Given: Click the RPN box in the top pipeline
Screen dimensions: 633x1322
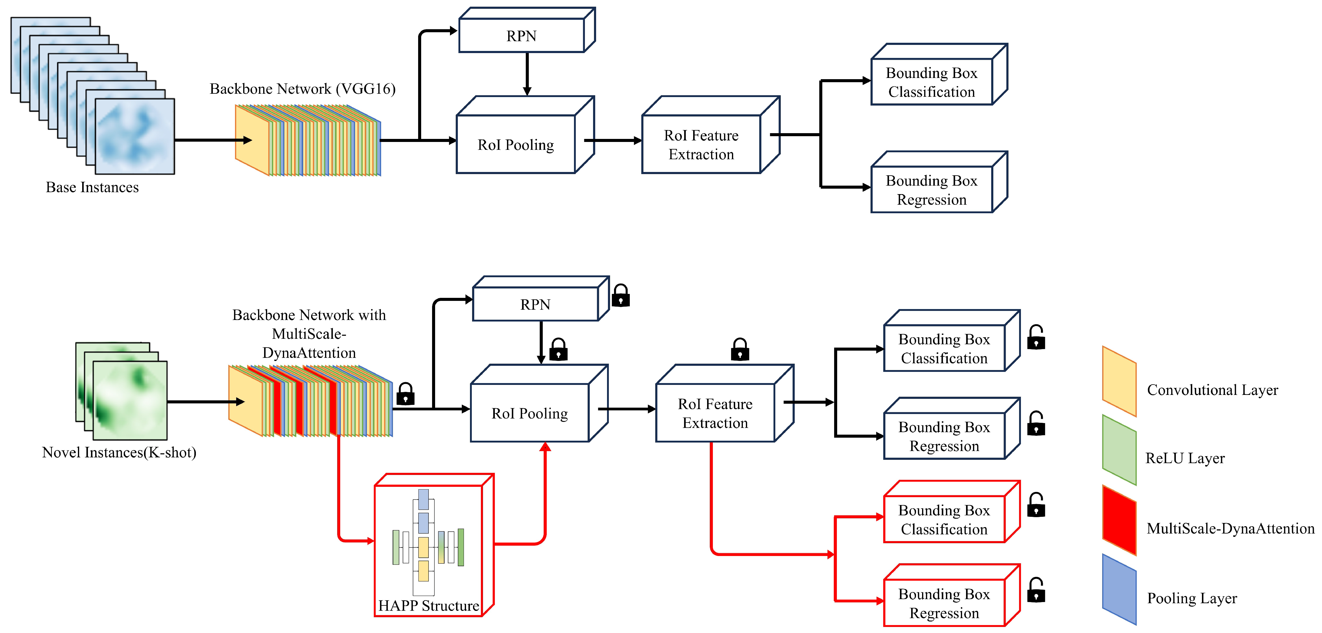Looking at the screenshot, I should (522, 36).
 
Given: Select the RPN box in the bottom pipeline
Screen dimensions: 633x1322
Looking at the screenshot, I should (535, 305).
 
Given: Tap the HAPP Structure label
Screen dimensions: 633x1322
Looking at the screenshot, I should (428, 606).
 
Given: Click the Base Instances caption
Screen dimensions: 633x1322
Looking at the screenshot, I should (92, 187).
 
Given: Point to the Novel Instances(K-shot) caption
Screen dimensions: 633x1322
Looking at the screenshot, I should (119, 452).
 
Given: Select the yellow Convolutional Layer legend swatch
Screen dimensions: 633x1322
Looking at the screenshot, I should (1119, 381).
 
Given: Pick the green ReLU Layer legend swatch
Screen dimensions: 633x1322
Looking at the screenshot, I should (1119, 450).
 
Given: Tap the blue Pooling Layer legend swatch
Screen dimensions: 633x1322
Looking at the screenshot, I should (1119, 589).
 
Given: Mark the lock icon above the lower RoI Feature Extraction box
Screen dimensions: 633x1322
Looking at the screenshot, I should (740, 350).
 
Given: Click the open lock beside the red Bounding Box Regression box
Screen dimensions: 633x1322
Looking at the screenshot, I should (1036, 591).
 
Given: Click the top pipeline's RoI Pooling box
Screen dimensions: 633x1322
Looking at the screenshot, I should (516, 144).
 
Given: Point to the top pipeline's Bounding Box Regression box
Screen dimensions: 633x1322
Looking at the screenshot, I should (931, 190).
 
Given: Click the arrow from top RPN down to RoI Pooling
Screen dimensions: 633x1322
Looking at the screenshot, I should (527, 74).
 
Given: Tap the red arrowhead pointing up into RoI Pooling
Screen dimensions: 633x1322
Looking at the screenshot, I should (545, 447).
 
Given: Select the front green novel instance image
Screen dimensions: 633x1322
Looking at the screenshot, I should (130, 400).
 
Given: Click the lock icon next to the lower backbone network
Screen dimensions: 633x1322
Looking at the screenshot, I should (405, 394).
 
